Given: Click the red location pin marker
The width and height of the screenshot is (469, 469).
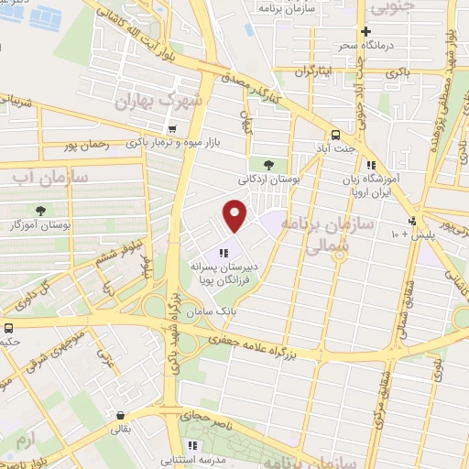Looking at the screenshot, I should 236,215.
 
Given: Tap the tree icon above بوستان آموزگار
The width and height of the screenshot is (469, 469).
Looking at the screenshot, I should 38,211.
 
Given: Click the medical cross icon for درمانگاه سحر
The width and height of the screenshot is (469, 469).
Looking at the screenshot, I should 365,31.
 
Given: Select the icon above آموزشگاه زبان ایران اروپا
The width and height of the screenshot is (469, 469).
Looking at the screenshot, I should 370,166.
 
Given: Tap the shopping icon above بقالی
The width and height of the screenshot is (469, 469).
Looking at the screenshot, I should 120,414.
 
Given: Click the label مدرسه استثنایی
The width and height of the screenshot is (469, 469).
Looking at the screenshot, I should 192,458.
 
